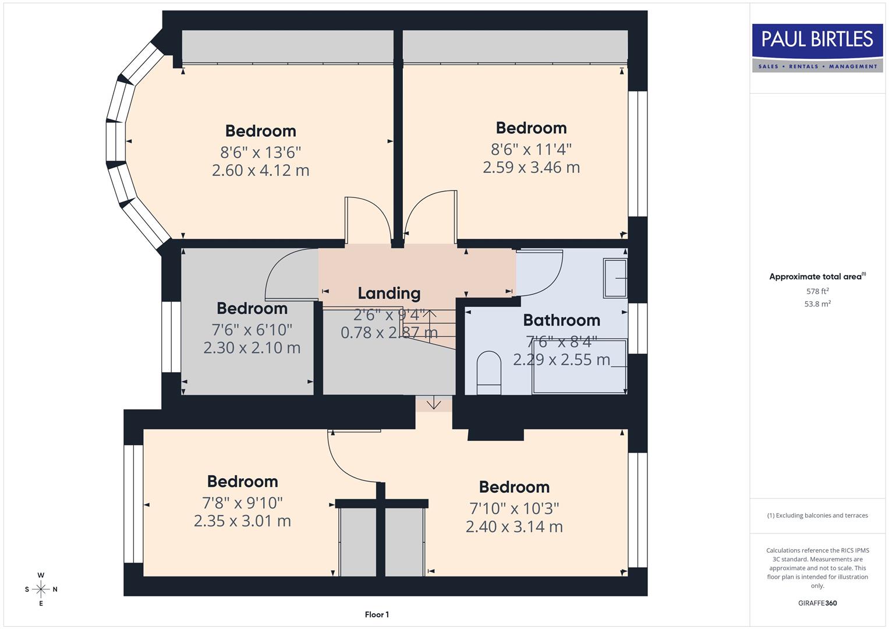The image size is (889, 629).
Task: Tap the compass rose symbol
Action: coord(41,589)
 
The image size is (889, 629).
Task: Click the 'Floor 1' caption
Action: coord(377,614)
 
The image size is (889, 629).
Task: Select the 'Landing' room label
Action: coord(389,293)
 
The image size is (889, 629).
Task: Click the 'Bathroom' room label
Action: coord(561,320)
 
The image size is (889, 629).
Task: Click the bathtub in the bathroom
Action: coord(579,366)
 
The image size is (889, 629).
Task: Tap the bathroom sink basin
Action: coord(615,278)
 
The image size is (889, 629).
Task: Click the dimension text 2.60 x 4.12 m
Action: coord(260,171)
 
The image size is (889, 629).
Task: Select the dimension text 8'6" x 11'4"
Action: coord(531,149)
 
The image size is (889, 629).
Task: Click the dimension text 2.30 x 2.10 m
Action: coord(252,348)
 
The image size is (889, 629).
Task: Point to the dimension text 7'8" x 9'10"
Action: coord(242,502)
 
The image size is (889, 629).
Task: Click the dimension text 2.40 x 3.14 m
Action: coord(514,526)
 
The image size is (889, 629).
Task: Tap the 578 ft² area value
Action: coord(817,291)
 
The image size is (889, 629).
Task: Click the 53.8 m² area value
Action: coord(817,304)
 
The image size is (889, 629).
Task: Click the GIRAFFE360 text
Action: coord(817,603)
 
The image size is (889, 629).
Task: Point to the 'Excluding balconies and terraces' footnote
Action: coord(817,515)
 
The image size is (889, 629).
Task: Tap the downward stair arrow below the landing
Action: coord(434,403)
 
